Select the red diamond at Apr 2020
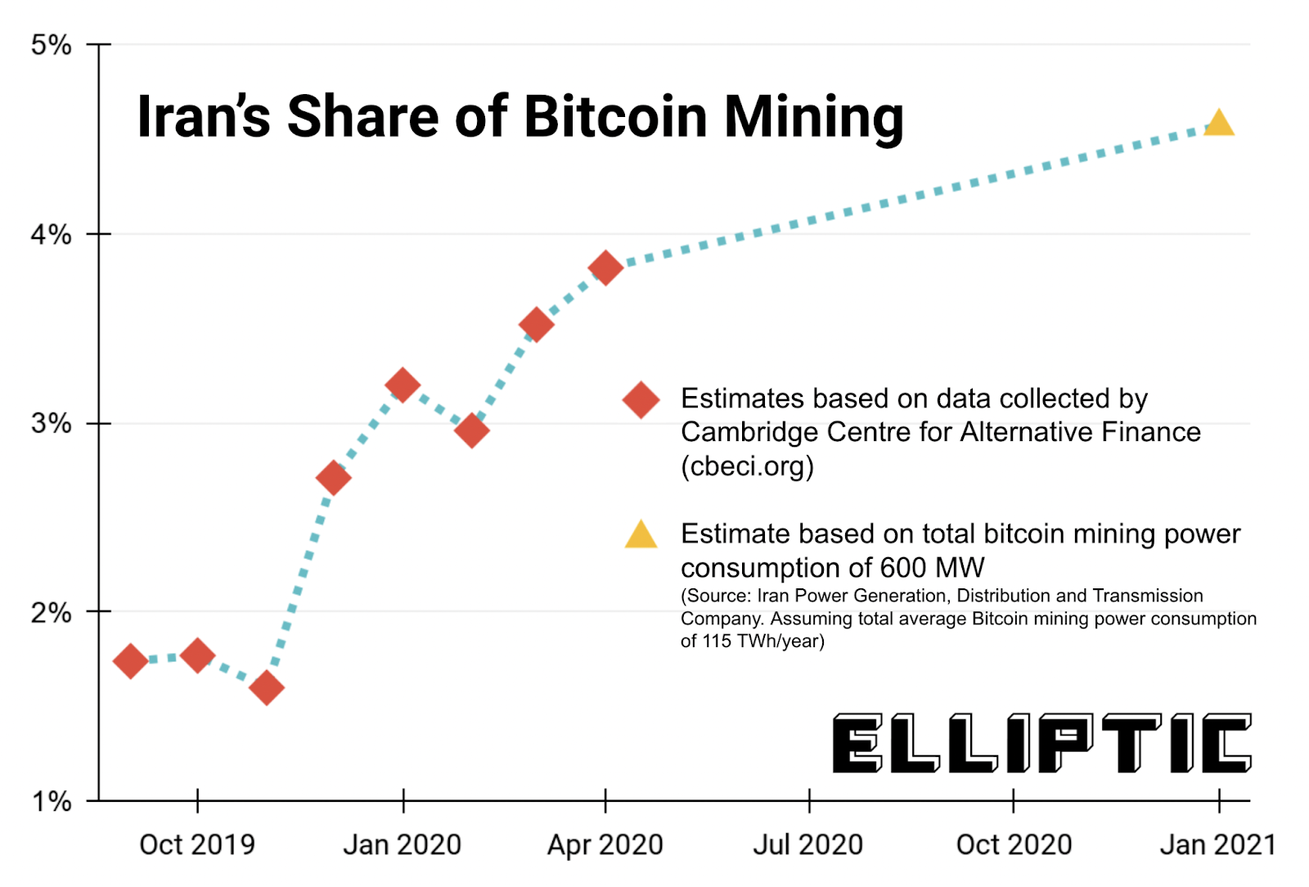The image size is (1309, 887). (605, 268)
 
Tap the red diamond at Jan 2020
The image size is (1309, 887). (403, 385)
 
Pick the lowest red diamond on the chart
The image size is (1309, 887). (266, 688)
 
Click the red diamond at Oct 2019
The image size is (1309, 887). (197, 655)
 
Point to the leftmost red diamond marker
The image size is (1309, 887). (130, 661)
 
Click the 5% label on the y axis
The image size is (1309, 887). (52, 45)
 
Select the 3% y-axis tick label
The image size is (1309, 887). (52, 424)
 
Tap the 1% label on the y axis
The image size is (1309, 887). (52, 801)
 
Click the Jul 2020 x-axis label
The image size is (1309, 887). (807, 844)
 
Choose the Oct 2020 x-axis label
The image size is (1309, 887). (1014, 844)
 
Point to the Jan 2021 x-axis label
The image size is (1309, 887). (1217, 844)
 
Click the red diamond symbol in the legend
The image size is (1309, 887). (641, 400)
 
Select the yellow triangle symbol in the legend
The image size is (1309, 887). (641, 535)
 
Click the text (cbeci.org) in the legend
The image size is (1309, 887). (747, 466)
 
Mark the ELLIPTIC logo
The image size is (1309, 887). (1041, 743)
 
